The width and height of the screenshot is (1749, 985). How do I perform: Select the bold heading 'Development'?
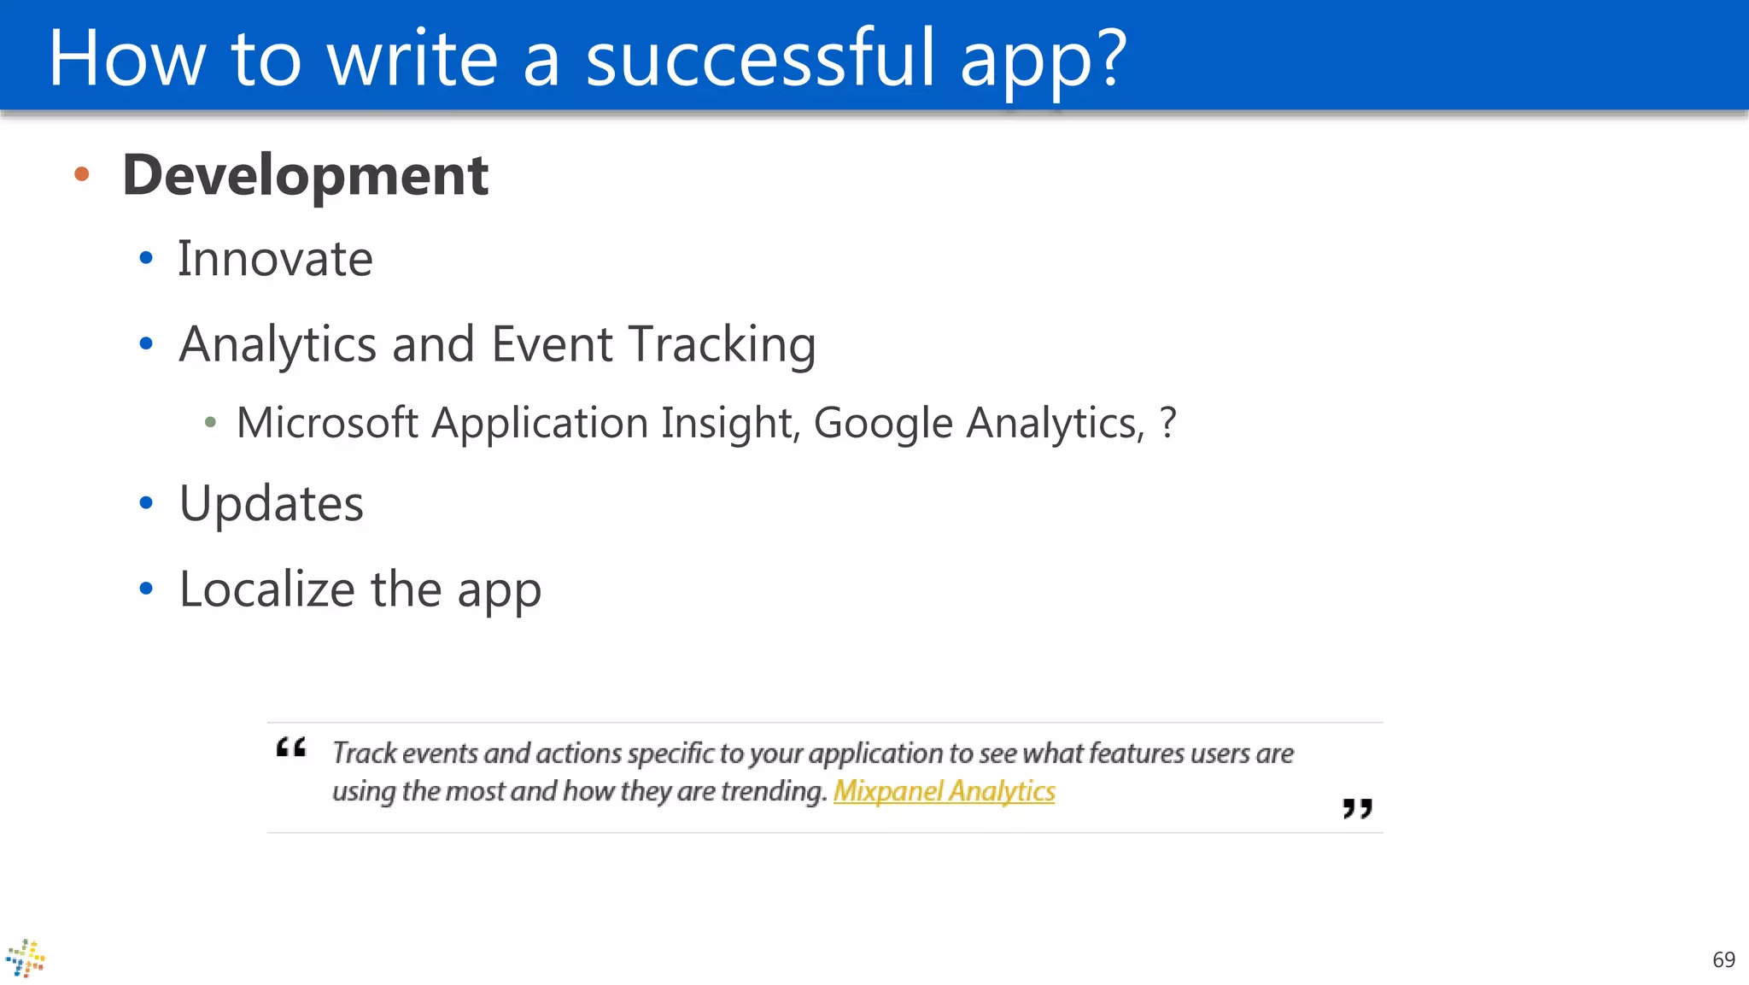click(305, 175)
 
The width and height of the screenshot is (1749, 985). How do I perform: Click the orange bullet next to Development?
click(82, 174)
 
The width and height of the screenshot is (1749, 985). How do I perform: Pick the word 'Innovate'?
click(275, 259)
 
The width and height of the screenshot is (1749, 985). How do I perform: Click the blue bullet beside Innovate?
click(146, 258)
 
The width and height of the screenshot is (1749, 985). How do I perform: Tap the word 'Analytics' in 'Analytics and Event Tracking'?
click(278, 345)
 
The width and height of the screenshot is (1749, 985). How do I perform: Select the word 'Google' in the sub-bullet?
click(882, 423)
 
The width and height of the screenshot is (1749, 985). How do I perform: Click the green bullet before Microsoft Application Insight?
click(210, 422)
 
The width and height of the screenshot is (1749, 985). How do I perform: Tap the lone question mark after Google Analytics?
click(1167, 422)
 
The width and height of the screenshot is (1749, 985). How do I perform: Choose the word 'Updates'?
click(272, 503)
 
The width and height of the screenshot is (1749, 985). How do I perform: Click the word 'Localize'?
click(266, 589)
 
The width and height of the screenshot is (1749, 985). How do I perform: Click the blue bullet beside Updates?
click(146, 503)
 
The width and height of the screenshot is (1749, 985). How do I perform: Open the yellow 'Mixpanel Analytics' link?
click(944, 791)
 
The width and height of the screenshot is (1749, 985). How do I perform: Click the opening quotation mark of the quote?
click(291, 748)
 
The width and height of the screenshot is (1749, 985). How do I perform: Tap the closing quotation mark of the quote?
click(1357, 808)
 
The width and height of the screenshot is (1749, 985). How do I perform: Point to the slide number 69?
click(1723, 959)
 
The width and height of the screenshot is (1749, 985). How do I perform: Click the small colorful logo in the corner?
click(26, 959)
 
